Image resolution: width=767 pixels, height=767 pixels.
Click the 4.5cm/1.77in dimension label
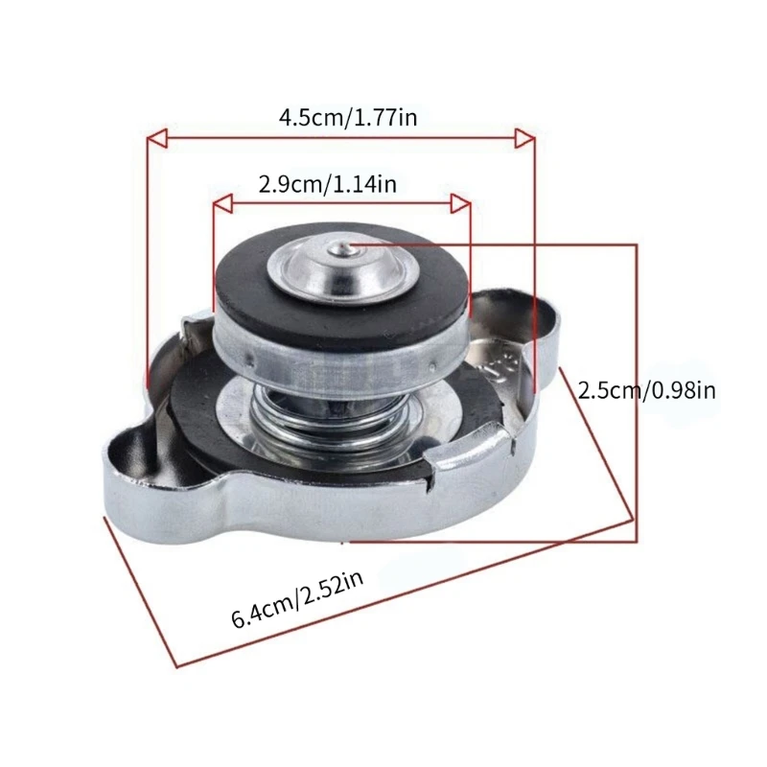click(348, 117)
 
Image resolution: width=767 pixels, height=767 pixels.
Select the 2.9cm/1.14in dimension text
click(327, 184)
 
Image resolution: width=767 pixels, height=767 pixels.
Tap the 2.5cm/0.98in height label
click(646, 390)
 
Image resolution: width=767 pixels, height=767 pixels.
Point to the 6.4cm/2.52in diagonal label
click(297, 599)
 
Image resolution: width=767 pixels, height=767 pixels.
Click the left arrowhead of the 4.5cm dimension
click(157, 138)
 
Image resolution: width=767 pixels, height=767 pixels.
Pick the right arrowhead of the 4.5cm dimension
click(524, 138)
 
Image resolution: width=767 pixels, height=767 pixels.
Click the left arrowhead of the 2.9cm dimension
click(223, 203)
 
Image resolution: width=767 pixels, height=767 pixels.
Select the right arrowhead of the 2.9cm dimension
click(460, 203)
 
